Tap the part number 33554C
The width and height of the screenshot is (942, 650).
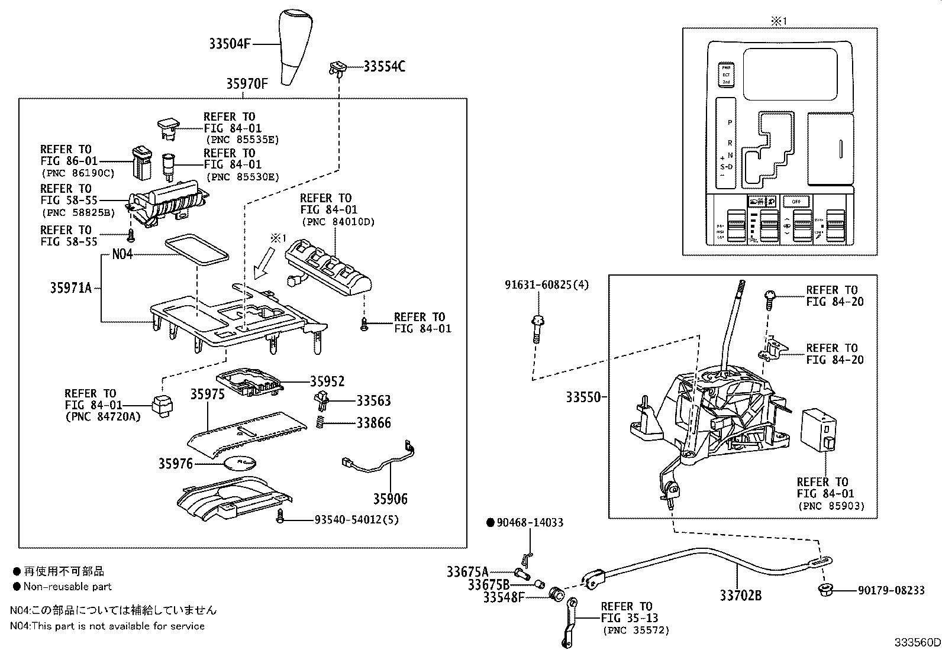(x=384, y=66)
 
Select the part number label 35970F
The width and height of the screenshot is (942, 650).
(x=247, y=84)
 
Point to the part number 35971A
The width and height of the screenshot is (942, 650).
(x=70, y=288)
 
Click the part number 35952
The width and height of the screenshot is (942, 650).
(x=327, y=381)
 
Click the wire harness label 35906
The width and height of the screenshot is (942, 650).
(x=390, y=499)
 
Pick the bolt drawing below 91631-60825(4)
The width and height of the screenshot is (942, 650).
(x=537, y=329)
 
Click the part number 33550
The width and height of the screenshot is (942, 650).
(x=583, y=397)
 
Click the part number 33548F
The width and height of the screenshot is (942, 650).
(x=504, y=597)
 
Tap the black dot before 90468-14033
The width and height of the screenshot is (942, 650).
(x=490, y=522)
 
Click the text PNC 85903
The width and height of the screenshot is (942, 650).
(x=831, y=506)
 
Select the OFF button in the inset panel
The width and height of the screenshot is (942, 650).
(x=796, y=201)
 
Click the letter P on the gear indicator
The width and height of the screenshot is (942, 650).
(x=730, y=122)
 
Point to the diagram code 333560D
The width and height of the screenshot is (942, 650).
(x=917, y=642)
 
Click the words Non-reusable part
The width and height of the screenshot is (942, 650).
(x=67, y=587)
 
